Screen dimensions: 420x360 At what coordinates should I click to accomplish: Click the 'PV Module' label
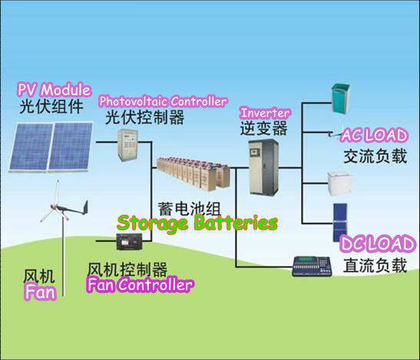(55, 90)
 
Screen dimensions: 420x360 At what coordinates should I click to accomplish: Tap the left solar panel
(31, 147)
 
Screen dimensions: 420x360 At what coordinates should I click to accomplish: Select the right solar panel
(70, 147)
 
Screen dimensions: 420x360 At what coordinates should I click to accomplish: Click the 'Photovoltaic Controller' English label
(163, 101)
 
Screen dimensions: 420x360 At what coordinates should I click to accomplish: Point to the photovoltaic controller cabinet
(127, 145)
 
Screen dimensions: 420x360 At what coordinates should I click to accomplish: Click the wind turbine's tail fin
(85, 207)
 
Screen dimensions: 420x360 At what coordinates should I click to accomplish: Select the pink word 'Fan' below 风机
(41, 292)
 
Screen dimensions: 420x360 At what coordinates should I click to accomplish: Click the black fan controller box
(129, 241)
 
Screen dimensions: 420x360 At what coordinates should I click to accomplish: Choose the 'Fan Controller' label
(140, 285)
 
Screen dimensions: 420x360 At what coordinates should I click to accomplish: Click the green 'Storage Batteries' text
(197, 223)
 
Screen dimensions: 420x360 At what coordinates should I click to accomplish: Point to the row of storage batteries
(193, 173)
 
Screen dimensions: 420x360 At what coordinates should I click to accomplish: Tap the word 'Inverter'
(265, 113)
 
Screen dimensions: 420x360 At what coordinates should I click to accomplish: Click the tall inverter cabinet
(263, 167)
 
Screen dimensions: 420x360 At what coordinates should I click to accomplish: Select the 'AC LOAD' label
(375, 135)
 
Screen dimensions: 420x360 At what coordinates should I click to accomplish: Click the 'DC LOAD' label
(378, 244)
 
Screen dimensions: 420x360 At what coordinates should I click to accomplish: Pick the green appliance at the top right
(341, 98)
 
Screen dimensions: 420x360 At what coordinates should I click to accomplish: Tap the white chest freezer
(339, 183)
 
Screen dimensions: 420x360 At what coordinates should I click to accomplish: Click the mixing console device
(312, 266)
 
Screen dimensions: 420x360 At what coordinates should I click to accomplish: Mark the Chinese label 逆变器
(263, 128)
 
